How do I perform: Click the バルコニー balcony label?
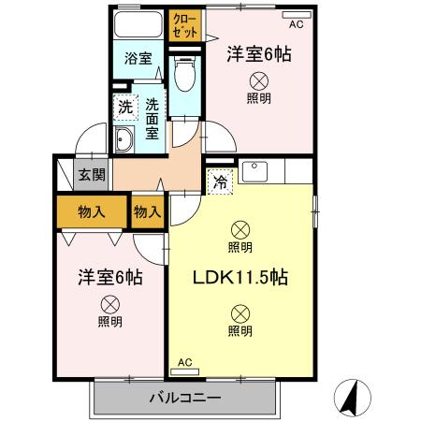click(185, 398)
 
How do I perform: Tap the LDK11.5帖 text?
click(240, 278)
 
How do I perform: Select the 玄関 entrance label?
click(91, 173)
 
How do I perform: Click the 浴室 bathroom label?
click(138, 58)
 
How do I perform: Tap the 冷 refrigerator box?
click(220, 181)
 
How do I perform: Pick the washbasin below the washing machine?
click(123, 141)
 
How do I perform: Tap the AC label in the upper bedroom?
click(296, 24)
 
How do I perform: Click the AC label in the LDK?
click(184, 361)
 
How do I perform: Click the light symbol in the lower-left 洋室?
click(109, 303)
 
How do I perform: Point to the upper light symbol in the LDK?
click(240, 228)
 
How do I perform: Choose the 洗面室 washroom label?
click(150, 120)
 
